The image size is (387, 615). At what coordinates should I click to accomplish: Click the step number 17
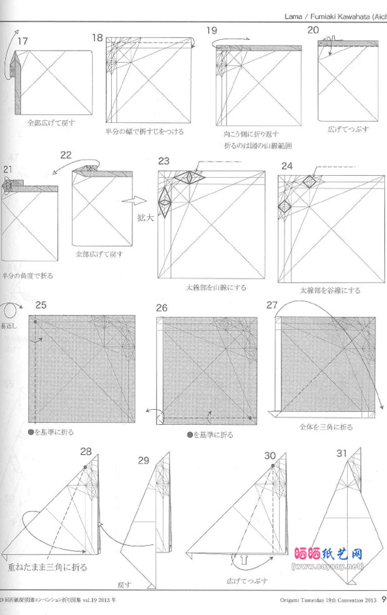[x=23, y=41]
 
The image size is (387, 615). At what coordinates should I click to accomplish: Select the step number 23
[x=164, y=162]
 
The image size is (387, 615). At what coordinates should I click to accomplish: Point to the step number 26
[x=162, y=307]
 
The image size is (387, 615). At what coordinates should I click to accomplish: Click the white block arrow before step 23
[x=131, y=201]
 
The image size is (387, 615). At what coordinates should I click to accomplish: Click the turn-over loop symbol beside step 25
[x=11, y=311]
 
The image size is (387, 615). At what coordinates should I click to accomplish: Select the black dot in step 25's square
[x=36, y=322]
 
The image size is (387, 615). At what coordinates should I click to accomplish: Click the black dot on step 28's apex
[x=84, y=467]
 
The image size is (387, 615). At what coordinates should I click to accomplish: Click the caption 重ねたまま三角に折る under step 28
[x=47, y=568]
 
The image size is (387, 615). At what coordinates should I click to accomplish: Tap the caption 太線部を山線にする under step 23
[x=216, y=288]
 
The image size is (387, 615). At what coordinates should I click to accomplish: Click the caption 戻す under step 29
[x=124, y=585]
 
